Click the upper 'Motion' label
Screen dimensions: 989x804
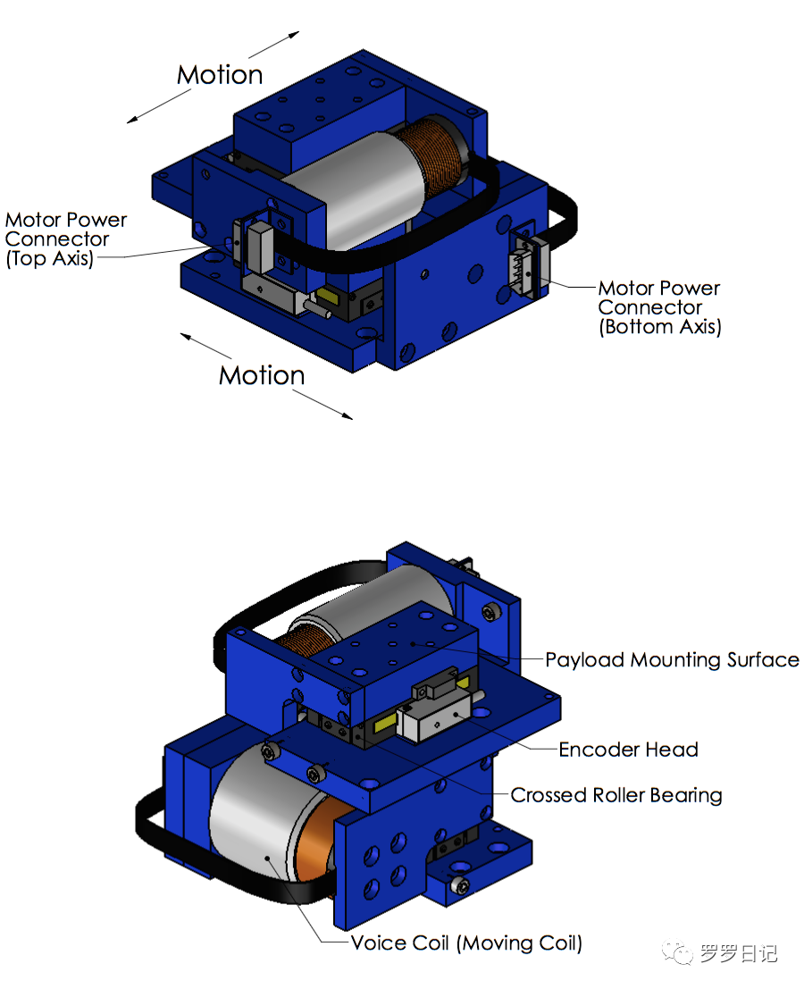[220, 75]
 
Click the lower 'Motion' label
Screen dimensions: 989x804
[262, 375]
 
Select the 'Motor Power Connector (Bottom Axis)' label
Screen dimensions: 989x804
[659, 307]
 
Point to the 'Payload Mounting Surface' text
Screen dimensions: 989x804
[672, 660]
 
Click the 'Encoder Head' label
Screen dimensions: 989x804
[628, 750]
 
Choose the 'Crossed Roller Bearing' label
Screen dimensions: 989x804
[616, 795]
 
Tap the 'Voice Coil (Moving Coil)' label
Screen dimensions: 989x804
[466, 943]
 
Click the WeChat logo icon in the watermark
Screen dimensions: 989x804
[682, 954]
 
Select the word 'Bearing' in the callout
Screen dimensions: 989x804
[686, 795]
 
